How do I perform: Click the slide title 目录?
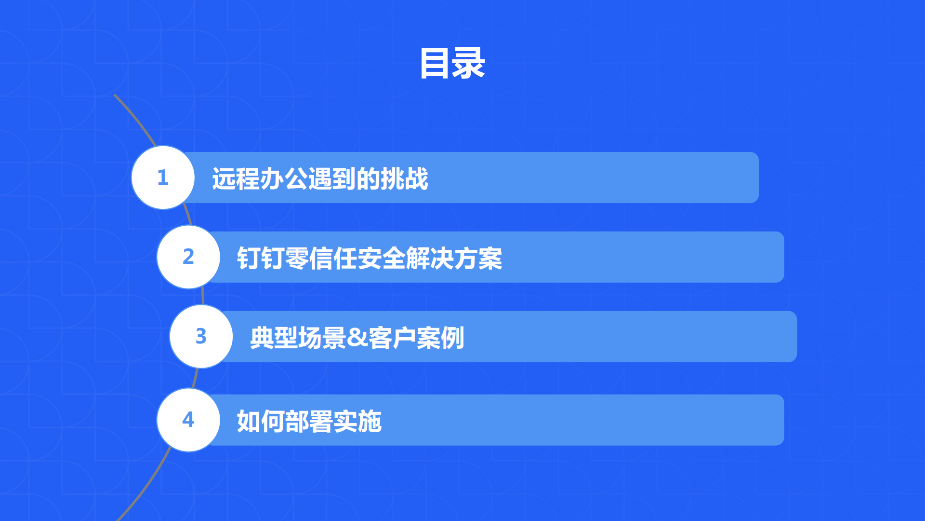452,63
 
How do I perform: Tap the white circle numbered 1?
163,178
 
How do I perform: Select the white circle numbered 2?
188,257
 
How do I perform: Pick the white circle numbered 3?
201,336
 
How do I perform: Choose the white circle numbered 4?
188,420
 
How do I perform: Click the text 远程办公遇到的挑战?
320,178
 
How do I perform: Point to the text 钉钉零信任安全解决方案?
370,258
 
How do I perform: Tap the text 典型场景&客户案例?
357,338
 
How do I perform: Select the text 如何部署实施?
309,421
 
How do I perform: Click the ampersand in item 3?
357,338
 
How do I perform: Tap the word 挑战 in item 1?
404,178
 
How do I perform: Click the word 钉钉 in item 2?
261,258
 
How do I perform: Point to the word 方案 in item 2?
478,258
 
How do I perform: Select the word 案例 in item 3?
440,338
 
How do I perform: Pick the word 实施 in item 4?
358,421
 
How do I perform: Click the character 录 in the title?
469,63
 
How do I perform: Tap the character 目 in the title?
435,63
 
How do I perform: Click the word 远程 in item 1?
236,178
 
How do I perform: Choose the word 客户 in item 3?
393,338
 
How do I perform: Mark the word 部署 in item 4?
309,421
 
